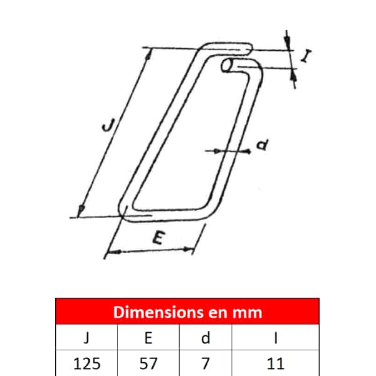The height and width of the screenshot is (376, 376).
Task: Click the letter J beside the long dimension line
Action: click(x=109, y=125)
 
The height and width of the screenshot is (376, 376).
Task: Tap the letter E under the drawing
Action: click(x=159, y=238)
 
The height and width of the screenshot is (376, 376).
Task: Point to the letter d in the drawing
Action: click(x=263, y=145)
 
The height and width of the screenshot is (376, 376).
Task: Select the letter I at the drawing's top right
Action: click(x=306, y=56)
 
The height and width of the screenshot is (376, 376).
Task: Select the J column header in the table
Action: click(x=86, y=338)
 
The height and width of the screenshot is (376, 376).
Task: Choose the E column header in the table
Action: click(x=149, y=338)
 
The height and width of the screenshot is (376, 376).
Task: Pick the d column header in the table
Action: click(x=206, y=338)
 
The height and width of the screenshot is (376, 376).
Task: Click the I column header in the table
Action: click(x=276, y=338)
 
